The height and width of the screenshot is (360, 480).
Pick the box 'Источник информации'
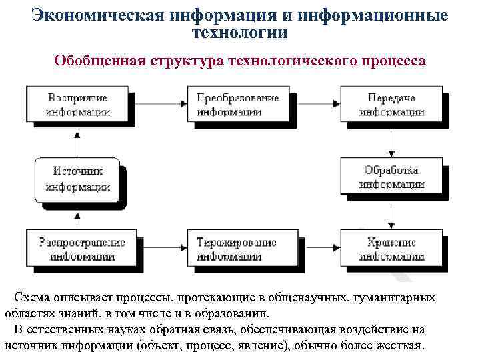78,178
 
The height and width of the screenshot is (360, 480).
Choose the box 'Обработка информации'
391,177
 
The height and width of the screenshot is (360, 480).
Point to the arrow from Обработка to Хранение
391,213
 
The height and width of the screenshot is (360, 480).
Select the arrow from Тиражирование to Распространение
164,249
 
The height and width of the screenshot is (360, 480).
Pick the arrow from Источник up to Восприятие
78,141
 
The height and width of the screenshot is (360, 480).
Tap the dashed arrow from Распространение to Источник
78,215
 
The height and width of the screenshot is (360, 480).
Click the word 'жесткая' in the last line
397,345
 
